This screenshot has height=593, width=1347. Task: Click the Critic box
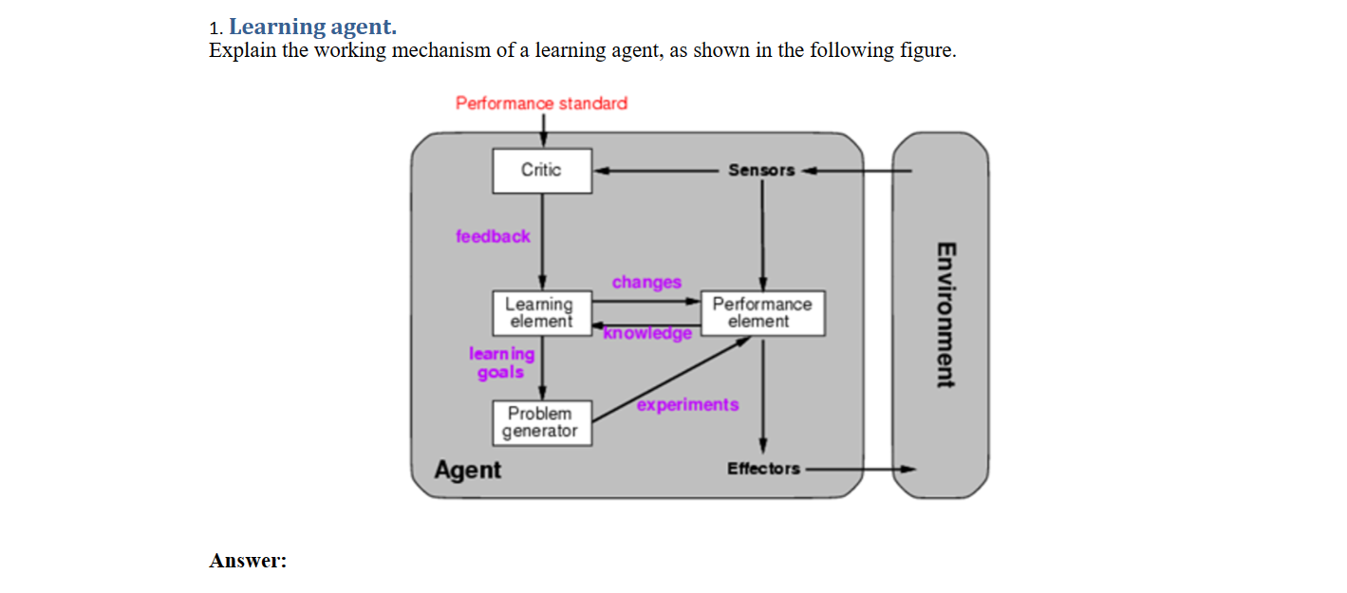pos(541,171)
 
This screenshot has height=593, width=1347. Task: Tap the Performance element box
pos(762,313)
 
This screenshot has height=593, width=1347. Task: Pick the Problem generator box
pos(541,423)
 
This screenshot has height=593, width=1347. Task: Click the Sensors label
pos(761,171)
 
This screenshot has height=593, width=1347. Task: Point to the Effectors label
pos(763,469)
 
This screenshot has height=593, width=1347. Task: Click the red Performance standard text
pos(541,102)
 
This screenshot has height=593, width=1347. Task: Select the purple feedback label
pos(493,236)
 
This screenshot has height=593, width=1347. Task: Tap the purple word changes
pos(646,283)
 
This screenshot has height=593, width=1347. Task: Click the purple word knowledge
pos(649,334)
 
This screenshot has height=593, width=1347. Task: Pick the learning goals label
pos(501,362)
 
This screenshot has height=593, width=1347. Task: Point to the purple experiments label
pos(687,405)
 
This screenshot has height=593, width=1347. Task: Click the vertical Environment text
pos(944,316)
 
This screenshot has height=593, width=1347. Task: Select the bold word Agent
pos(467,470)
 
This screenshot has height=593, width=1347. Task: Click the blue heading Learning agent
pos(312,27)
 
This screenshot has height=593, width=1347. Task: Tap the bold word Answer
pos(248,561)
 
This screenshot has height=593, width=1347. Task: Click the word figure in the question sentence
pos(926,50)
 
